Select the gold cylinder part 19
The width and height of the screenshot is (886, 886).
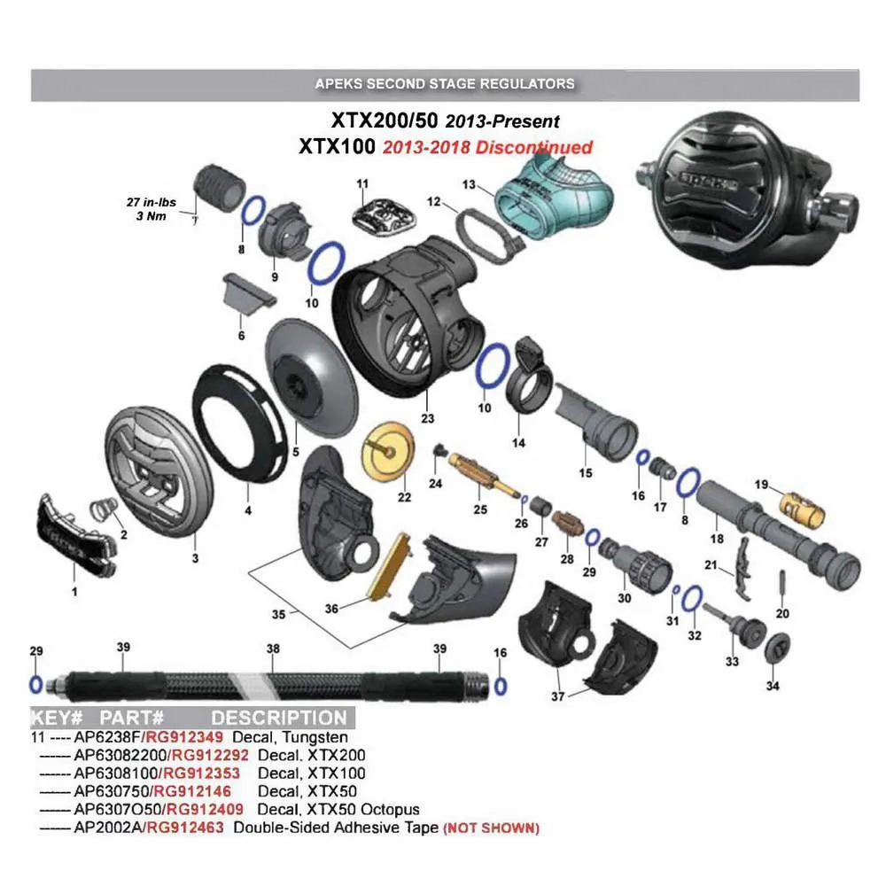click(x=803, y=509)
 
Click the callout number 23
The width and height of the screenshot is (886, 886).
click(x=428, y=418)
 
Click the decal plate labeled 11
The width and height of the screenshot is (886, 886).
click(x=385, y=215)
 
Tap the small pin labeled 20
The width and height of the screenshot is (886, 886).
click(x=782, y=586)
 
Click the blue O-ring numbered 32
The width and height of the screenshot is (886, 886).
click(x=693, y=598)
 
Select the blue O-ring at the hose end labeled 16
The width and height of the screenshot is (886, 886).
click(x=500, y=687)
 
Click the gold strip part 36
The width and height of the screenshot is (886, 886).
click(x=390, y=566)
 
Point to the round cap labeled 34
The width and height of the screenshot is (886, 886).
click(x=777, y=649)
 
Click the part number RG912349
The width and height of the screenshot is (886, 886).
click(x=184, y=737)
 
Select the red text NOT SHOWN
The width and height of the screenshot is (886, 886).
click(x=491, y=828)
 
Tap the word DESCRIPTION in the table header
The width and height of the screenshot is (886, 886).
click(x=278, y=718)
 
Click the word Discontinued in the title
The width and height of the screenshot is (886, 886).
click(x=533, y=147)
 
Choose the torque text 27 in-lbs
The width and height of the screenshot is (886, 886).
click(x=151, y=202)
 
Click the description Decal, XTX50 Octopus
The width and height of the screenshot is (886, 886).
click(x=338, y=810)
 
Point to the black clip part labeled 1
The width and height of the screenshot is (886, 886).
click(x=77, y=537)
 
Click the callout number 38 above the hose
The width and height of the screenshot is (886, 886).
click(x=273, y=649)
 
